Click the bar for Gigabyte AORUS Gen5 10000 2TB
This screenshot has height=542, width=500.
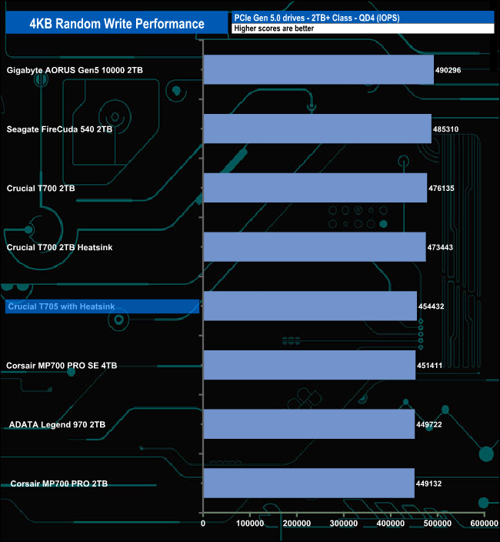coord(318,69)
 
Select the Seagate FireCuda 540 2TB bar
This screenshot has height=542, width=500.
coord(318,129)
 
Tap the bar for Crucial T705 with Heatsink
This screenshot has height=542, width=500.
coord(311,306)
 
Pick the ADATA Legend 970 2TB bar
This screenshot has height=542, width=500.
coord(309,424)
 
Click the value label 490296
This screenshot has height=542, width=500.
coord(448,70)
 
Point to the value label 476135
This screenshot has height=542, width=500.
coord(442,189)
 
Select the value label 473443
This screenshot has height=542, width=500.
coord(440,247)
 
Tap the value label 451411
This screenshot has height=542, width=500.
coord(429,366)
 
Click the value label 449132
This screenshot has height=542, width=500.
coord(429,483)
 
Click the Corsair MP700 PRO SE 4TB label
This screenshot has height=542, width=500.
coord(62,366)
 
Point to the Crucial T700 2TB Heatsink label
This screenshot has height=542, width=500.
coord(59,247)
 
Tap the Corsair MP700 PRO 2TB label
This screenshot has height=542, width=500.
coord(59,483)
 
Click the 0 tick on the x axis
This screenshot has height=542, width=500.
coord(203,524)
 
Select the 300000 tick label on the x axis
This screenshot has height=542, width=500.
coord(344,524)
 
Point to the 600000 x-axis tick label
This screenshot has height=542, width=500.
coord(484,524)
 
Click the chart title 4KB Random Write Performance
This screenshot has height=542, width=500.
coord(117,24)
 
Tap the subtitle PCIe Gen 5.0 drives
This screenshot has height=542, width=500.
coord(269,18)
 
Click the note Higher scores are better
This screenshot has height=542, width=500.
coord(274,28)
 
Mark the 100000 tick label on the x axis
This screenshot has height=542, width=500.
coord(250,524)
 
